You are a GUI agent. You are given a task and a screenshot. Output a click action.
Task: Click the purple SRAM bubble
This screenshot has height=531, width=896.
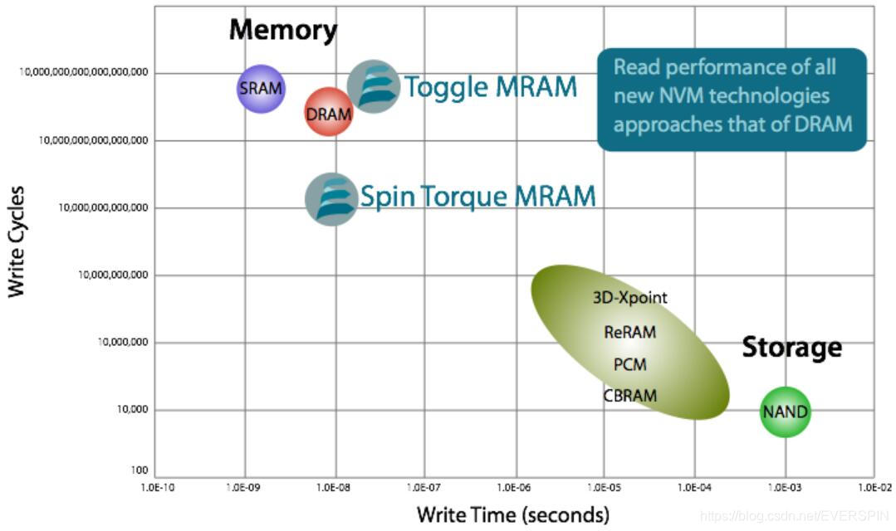[261, 88]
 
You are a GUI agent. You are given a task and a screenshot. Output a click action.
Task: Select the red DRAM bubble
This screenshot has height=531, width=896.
[329, 114]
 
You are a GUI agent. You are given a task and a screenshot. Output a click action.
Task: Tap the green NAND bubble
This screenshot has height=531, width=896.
[785, 412]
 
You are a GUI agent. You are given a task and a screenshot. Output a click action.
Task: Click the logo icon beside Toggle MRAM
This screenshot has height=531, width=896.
[373, 86]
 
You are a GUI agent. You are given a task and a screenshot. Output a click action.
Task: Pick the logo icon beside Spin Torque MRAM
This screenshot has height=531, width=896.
[331, 199]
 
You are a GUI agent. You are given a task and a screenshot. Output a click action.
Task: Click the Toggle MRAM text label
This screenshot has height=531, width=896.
[490, 87]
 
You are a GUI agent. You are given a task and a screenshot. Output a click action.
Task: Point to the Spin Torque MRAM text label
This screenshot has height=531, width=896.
[477, 197]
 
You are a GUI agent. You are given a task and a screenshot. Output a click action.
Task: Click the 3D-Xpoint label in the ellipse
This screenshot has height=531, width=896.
[629, 297]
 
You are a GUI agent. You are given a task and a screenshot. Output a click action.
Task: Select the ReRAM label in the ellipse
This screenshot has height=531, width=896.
[629, 332]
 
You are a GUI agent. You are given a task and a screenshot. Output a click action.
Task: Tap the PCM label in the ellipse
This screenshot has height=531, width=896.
[629, 364]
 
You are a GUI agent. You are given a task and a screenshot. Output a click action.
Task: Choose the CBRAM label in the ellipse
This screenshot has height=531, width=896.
[629, 396]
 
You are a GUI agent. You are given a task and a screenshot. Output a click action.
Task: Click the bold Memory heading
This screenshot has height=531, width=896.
[283, 31]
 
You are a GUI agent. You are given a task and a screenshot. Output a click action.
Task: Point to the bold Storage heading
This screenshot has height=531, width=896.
[791, 347]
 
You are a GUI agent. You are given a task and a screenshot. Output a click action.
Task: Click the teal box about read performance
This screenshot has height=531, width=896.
[732, 100]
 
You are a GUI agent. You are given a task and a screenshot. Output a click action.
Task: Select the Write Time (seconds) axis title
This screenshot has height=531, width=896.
[512, 514]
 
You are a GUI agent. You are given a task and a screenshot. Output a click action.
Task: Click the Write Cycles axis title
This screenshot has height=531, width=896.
[16, 241]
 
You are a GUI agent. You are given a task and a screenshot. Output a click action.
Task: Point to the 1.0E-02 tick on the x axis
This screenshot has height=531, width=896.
[874, 488]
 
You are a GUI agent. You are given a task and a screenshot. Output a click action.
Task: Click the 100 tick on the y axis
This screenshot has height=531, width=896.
[139, 470]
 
